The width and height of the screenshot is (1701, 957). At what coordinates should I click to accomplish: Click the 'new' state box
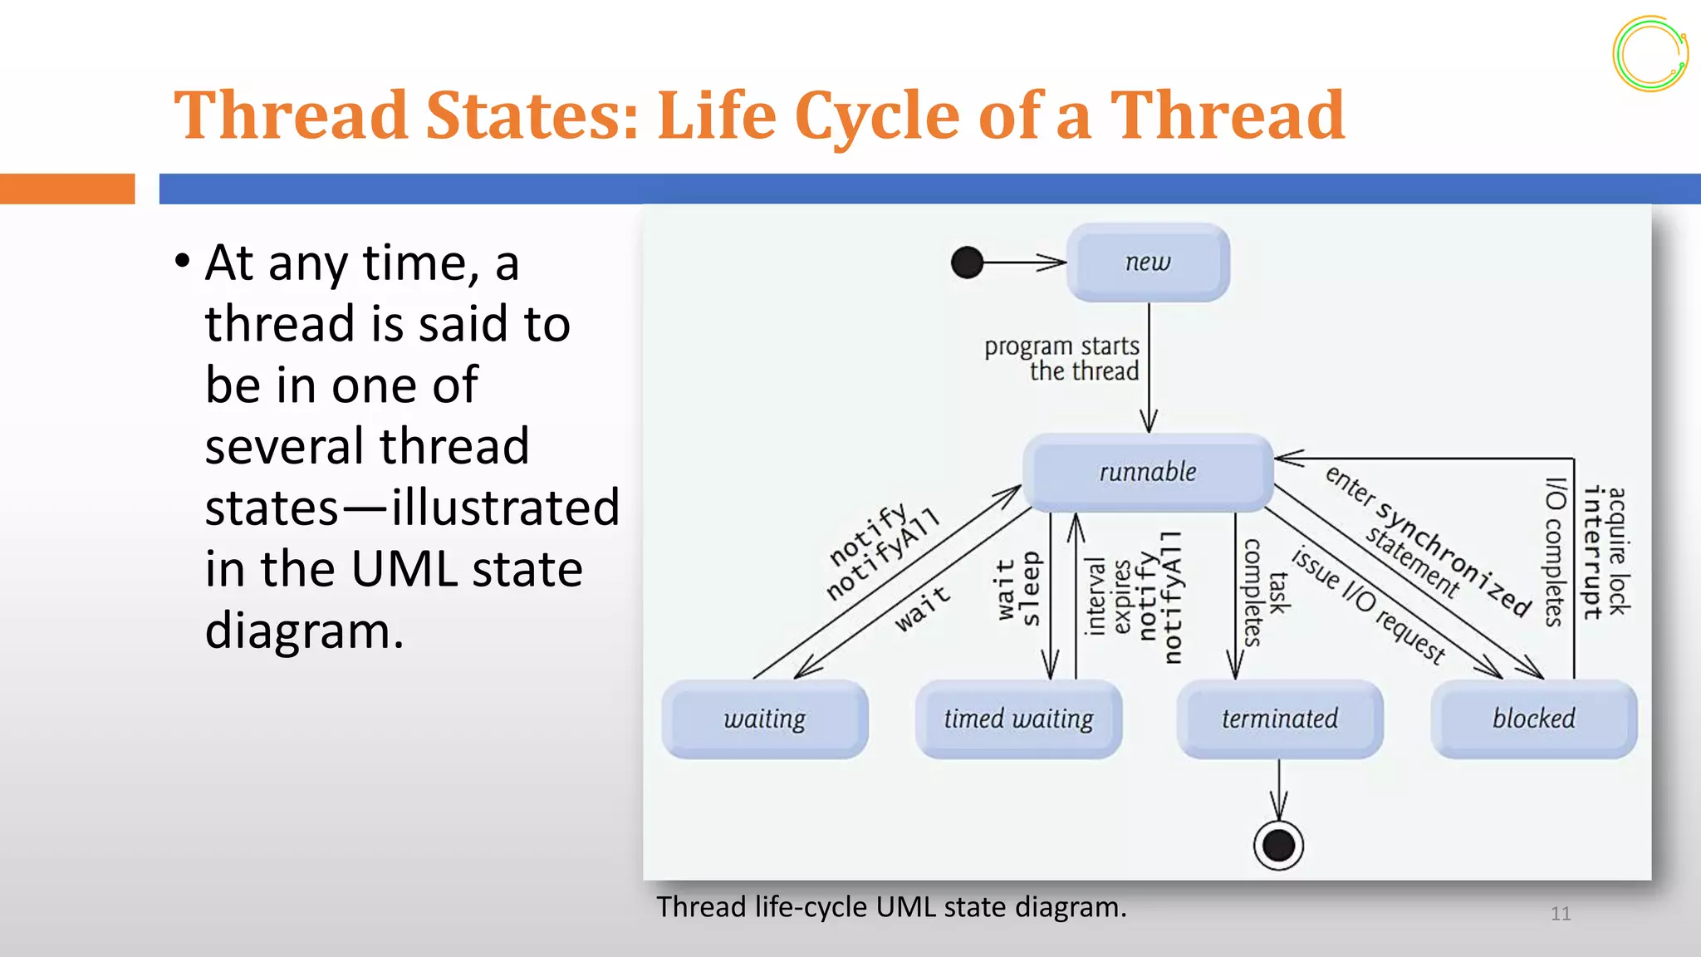(x=1148, y=263)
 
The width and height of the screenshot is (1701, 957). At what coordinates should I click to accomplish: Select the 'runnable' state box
(x=1148, y=472)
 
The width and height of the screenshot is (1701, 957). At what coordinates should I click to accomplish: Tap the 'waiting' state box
(x=764, y=719)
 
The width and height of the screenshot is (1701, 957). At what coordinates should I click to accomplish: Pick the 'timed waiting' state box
(x=1018, y=719)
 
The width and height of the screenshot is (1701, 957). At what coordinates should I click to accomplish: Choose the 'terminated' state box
(x=1280, y=719)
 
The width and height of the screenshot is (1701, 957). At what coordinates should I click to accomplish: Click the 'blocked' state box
(x=1533, y=719)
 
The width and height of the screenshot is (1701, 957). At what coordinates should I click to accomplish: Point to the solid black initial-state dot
(x=967, y=263)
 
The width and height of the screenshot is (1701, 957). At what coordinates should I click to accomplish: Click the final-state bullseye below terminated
(x=1278, y=846)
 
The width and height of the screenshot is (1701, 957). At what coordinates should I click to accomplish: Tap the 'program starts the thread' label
(x=1062, y=358)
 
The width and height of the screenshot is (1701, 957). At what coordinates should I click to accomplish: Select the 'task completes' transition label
(x=1264, y=592)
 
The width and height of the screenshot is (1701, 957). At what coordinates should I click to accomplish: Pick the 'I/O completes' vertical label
(x=1554, y=552)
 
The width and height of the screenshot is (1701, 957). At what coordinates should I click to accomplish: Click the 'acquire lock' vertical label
(x=1618, y=551)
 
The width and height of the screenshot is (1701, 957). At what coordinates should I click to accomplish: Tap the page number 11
(x=1561, y=914)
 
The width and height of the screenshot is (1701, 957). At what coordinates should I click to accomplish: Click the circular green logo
(x=1650, y=54)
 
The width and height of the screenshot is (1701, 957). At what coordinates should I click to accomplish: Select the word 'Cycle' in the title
(x=876, y=115)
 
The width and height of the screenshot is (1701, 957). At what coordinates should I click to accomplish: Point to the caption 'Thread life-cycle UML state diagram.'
(x=891, y=906)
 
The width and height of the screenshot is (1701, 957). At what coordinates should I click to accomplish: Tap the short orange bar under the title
(x=67, y=189)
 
